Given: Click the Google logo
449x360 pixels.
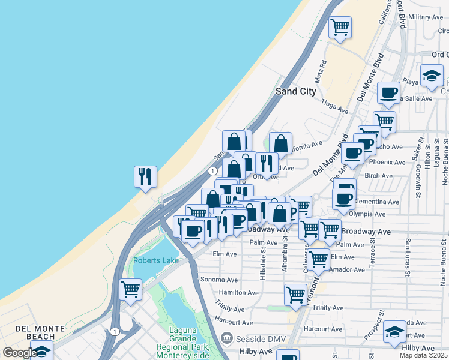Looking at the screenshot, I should (19, 353).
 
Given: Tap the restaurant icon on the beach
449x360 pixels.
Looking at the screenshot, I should (145, 177).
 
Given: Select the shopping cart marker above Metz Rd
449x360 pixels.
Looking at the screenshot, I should (340, 27).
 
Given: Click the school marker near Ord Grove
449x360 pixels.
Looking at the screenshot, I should (431, 76).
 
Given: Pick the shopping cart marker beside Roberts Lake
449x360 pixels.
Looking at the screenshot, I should (130, 290).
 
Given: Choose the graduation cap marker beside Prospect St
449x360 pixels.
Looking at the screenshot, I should (394, 332).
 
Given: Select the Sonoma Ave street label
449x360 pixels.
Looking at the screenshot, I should (219, 280).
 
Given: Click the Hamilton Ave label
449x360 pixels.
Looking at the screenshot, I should (238, 293).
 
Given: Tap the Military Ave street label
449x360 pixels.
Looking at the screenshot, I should (425, 17).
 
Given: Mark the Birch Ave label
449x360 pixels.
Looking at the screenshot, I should (378, 176).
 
